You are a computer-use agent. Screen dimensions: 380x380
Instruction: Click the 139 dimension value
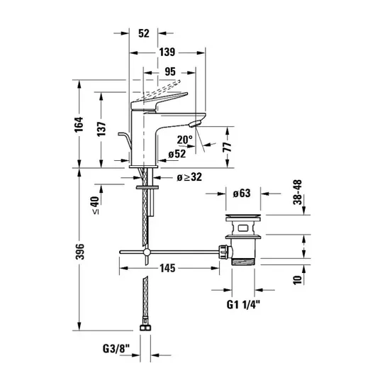[x=167, y=52]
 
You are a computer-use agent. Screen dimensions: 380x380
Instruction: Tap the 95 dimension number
[x=170, y=72]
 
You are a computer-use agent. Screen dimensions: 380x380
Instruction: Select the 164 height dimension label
[x=79, y=125]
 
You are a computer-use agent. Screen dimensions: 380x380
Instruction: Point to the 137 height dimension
[x=101, y=129]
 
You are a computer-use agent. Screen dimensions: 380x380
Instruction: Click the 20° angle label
[x=184, y=140]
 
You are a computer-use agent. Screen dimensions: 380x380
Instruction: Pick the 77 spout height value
[x=227, y=147]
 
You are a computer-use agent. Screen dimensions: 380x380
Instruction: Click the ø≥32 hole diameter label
[x=189, y=177]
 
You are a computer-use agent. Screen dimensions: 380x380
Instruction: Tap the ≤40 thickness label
[x=95, y=205]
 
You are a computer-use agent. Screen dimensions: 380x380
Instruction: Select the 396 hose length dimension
[x=80, y=252]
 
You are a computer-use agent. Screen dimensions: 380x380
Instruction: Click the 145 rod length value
[x=167, y=268]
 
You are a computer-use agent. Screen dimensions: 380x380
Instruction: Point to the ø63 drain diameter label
[x=242, y=194]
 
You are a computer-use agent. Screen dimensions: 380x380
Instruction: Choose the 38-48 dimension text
[x=298, y=192]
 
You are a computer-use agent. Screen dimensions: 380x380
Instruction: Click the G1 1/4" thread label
[x=243, y=305]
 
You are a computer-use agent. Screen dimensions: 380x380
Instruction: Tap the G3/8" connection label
[x=116, y=349]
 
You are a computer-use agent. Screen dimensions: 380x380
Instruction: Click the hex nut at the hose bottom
[x=145, y=328]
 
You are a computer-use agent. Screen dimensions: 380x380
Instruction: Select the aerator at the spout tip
[x=195, y=124]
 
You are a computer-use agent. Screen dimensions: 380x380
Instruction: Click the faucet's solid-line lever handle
[x=160, y=101]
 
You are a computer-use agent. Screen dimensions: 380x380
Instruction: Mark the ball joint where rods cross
[x=147, y=252]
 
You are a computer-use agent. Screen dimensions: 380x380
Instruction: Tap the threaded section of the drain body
[x=243, y=262]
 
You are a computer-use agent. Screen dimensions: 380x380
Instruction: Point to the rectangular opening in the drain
[x=243, y=228]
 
